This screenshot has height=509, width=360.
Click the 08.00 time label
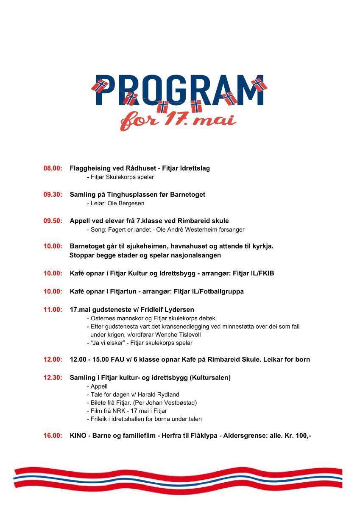pyautogui.click(x=53, y=168)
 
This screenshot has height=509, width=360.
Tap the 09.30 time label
pyautogui.click(x=53, y=195)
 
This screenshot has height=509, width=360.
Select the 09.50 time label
pyautogui.click(x=53, y=221)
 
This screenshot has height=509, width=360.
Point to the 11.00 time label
pyautogui.click(x=53, y=310)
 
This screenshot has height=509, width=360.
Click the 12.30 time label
pyautogui.click(x=53, y=378)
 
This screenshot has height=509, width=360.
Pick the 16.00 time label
pyautogui.click(x=53, y=436)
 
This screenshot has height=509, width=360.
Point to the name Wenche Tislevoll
pyautogui.click(x=178, y=335)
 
